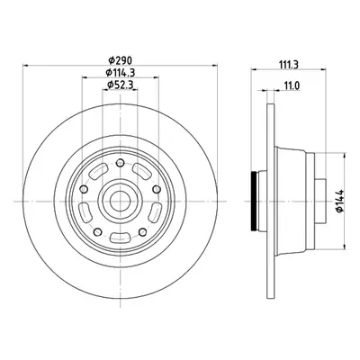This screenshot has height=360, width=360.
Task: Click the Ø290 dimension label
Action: point(120,61)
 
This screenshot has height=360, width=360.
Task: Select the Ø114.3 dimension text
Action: point(120,73)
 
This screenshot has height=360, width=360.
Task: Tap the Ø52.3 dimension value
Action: point(120,85)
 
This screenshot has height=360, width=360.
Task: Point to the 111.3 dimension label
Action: point(288,65)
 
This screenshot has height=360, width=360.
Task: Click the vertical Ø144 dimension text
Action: point(340,201)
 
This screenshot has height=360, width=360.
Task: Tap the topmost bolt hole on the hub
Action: point(120,163)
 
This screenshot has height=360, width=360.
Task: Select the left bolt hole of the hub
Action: point(85,189)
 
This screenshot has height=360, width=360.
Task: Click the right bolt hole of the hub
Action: point(156,189)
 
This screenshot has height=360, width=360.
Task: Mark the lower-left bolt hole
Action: point(98,232)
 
